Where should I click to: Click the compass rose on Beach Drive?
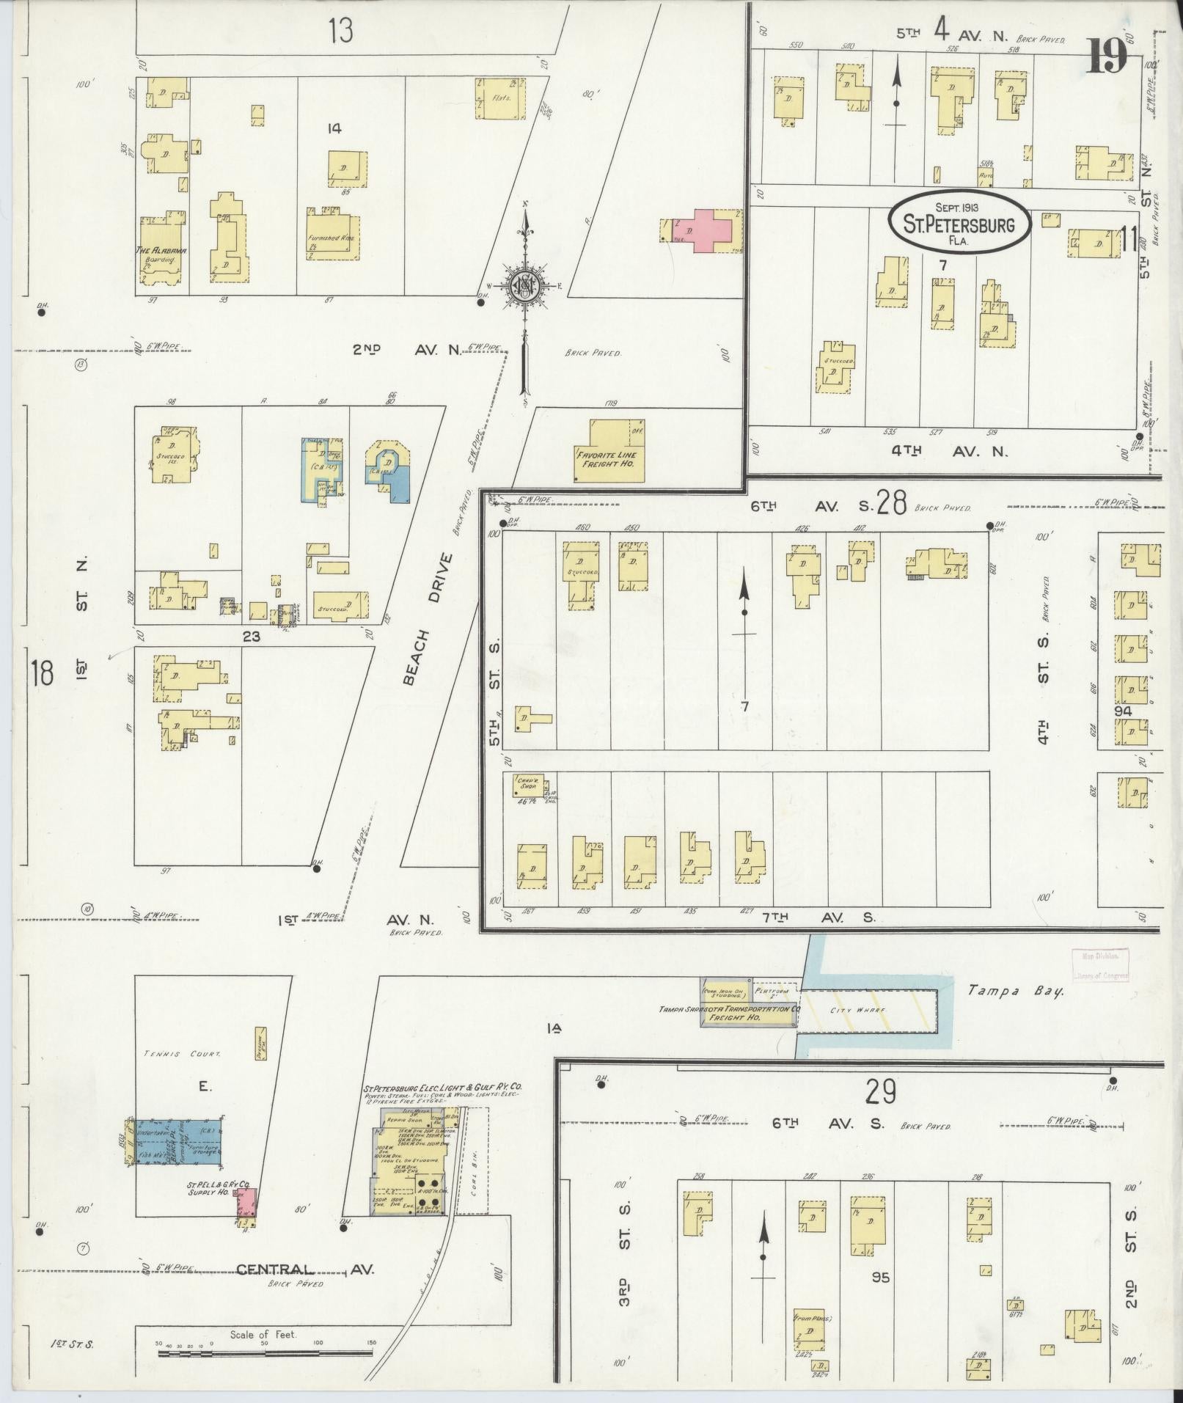525,286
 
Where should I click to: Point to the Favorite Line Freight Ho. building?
609,450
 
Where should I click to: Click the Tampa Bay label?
1015,991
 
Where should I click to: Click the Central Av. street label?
305,1270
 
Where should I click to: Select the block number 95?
880,1277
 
